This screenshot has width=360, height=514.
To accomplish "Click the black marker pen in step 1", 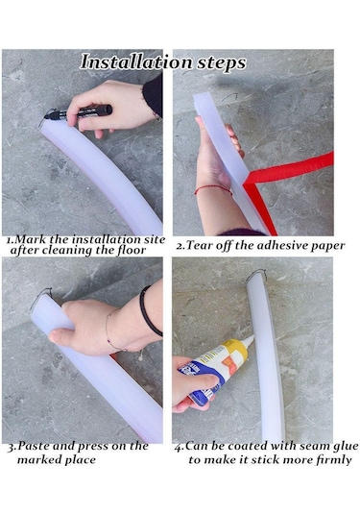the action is (79, 112).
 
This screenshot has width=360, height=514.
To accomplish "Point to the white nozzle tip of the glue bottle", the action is (250, 340).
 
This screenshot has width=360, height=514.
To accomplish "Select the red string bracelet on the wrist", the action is (213, 189).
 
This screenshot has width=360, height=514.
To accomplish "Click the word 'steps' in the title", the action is (221, 63).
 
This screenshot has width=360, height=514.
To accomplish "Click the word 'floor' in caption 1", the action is (131, 250).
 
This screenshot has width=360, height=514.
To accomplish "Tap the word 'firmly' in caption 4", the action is (333, 460).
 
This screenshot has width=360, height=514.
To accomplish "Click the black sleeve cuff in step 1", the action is (154, 96).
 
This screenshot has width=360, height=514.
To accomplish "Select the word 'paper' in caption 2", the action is (327, 246).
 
